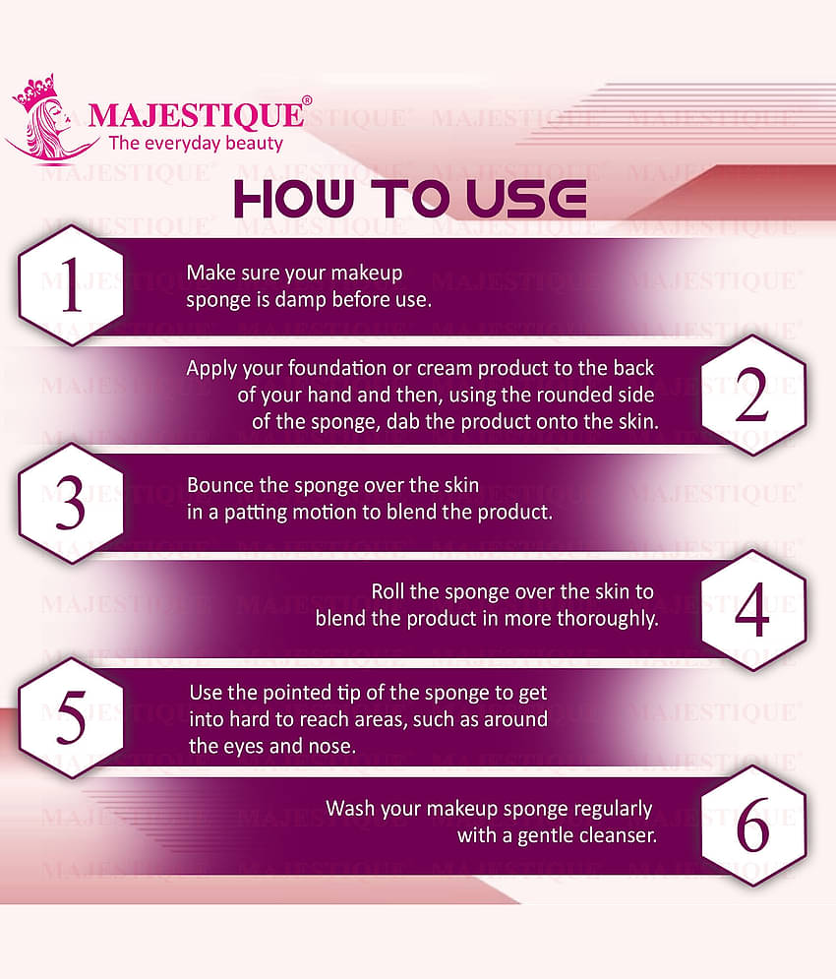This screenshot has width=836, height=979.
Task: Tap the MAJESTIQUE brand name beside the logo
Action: (195, 115)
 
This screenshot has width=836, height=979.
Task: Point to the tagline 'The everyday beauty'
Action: (195, 144)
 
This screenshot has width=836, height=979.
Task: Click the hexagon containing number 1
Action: (71, 285)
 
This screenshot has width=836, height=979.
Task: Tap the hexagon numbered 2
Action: (752, 395)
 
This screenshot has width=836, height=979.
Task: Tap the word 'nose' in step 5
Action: (334, 746)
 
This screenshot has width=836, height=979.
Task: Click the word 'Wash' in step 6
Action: (349, 809)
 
